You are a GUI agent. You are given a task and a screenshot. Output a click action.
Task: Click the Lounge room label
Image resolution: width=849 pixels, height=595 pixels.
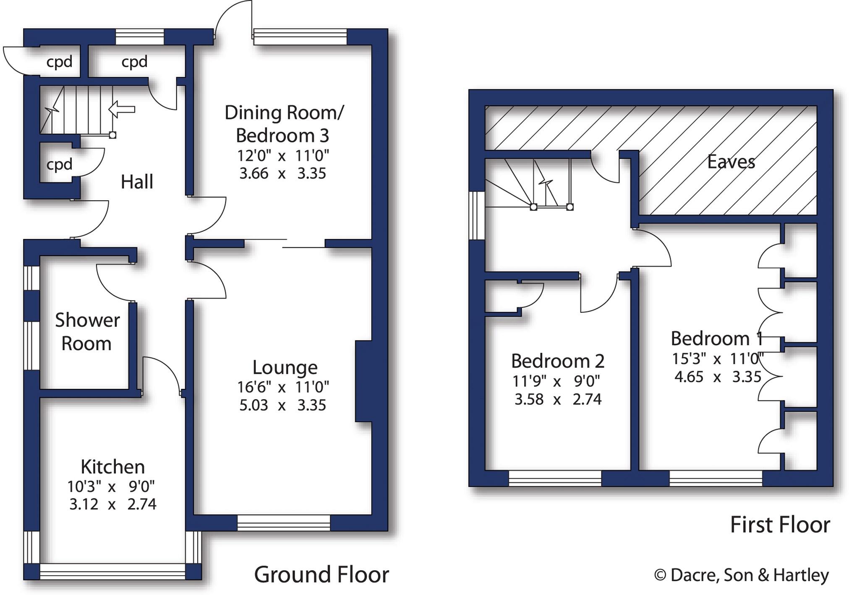[285, 367]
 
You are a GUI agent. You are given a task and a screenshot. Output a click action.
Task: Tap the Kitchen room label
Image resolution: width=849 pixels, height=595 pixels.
[112, 467]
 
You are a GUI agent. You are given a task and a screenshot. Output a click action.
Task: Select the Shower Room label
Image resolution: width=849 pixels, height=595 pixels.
[87, 332]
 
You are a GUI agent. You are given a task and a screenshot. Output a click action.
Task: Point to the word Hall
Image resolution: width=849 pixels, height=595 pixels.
[137, 182]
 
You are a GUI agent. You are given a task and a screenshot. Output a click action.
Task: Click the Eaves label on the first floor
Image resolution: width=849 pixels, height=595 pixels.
[731, 162]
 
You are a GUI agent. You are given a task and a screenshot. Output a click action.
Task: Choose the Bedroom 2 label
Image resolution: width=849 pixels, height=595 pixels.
[557, 361]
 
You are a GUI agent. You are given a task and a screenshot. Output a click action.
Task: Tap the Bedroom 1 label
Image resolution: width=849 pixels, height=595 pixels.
[716, 338]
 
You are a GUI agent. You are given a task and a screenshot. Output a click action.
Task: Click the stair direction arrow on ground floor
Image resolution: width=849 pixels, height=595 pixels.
[122, 110]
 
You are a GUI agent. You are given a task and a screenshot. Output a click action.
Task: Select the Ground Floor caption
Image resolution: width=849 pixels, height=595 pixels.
[321, 574]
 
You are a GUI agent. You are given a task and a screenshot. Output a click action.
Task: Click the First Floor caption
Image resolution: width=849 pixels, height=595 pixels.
[780, 524]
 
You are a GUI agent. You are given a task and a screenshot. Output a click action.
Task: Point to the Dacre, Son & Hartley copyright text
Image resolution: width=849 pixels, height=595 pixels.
[742, 575]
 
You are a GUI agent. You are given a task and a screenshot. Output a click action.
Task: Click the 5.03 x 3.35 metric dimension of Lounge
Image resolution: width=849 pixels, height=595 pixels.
[282, 405]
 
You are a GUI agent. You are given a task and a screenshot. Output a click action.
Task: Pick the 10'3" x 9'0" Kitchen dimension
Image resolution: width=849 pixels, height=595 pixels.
[111, 486]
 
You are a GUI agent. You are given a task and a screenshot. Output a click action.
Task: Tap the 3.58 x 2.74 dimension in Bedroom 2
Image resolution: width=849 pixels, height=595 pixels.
[558, 399]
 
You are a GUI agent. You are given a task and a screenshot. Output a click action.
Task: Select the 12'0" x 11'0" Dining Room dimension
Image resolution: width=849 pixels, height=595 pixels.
[283, 156]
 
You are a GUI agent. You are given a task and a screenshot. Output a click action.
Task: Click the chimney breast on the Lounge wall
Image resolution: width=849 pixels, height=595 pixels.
[363, 380]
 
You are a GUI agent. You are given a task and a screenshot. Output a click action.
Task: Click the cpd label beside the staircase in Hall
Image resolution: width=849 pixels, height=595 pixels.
[59, 164]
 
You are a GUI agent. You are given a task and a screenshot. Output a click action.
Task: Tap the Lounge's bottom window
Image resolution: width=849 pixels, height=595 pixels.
[284, 523]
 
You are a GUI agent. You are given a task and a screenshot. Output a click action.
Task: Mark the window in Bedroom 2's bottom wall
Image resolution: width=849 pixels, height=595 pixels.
[555, 478]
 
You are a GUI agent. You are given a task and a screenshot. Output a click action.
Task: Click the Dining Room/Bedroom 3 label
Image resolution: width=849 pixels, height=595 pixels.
[284, 124]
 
